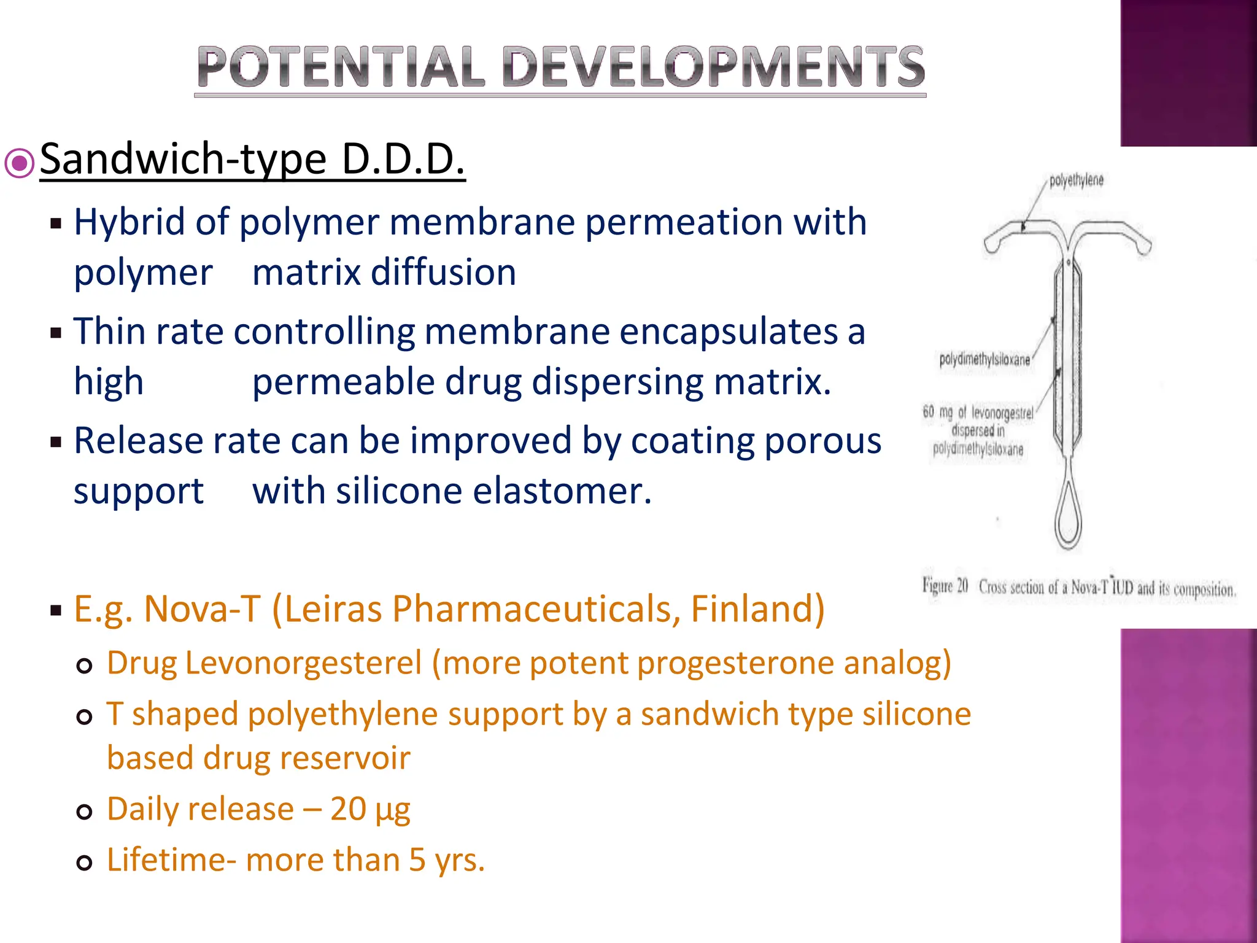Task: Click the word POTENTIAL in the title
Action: [341, 68]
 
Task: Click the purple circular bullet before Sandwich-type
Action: [20, 163]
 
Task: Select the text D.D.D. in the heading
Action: [403, 160]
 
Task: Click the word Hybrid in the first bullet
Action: [129, 222]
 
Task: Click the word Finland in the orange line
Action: [756, 609]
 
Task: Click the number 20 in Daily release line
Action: [348, 809]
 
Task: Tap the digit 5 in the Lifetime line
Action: [417, 860]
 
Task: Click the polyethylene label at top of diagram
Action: [1076, 180]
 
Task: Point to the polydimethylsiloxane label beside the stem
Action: [984, 360]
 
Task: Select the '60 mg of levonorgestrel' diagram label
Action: [978, 413]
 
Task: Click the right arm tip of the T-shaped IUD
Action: [1144, 246]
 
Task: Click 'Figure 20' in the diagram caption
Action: [945, 586]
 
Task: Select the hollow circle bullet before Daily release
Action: [85, 812]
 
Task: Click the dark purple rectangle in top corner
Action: [1188, 72]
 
